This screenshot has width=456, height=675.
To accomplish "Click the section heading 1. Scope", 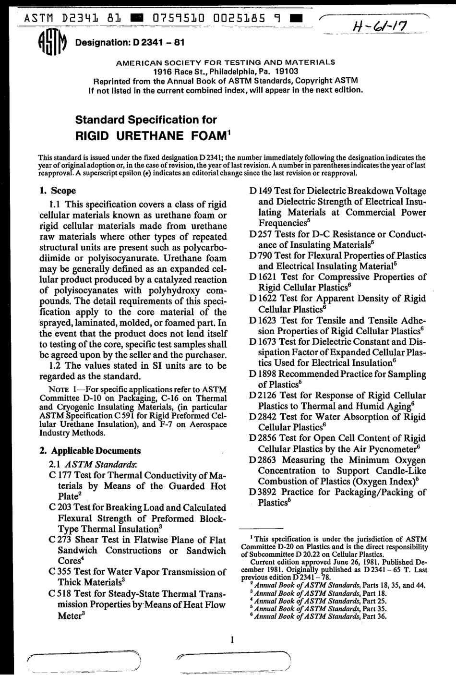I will coord(57,191).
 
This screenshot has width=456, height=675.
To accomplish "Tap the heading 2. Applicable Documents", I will coord(90,451).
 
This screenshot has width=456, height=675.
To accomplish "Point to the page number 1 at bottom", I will coord(231,639).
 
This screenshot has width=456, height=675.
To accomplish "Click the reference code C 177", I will coord(60,475).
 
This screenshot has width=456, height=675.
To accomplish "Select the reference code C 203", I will coord(60,507).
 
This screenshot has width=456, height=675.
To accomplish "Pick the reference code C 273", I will coord(60,540).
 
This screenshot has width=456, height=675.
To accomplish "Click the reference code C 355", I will coord(60,572).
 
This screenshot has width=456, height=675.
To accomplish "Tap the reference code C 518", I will coord(60,594).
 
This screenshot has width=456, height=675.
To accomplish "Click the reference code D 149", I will coord(261,191).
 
